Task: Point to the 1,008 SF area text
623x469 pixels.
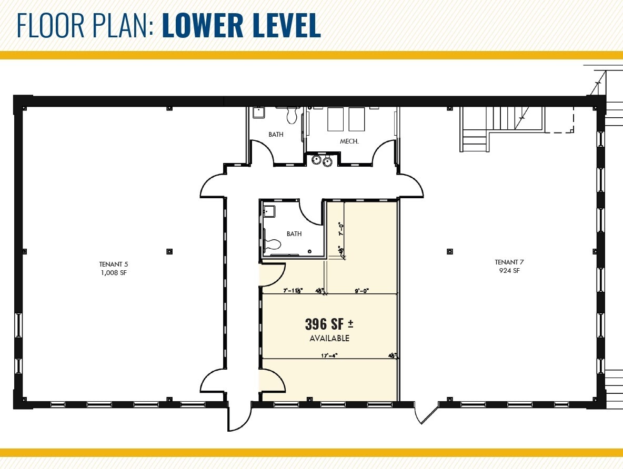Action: coord(112,273)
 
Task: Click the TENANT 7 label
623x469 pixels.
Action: coord(509,262)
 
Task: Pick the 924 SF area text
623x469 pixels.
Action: coord(509,271)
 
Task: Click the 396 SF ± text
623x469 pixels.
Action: coord(329,324)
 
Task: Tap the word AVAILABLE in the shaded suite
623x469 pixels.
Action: coord(329,338)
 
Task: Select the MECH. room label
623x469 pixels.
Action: coord(349,141)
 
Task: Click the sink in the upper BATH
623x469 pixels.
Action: coord(258,112)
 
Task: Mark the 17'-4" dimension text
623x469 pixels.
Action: coord(329,355)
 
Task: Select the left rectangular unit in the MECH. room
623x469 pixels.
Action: coord(336,119)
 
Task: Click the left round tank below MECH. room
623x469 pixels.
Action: coord(317,160)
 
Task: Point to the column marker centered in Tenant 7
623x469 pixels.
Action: coord(449,251)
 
